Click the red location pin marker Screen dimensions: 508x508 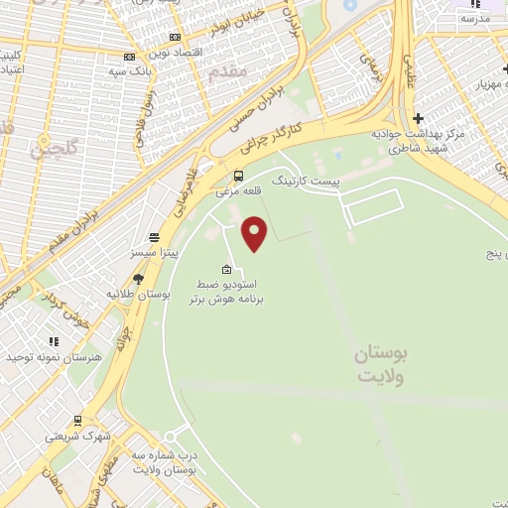[256, 233]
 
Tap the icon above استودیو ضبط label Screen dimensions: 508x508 [227, 269]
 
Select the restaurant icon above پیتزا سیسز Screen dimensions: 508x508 [154, 237]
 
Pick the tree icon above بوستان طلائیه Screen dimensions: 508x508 [137, 279]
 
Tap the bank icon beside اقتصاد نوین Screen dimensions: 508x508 [129, 57]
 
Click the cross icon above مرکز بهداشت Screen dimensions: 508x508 [418, 118]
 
